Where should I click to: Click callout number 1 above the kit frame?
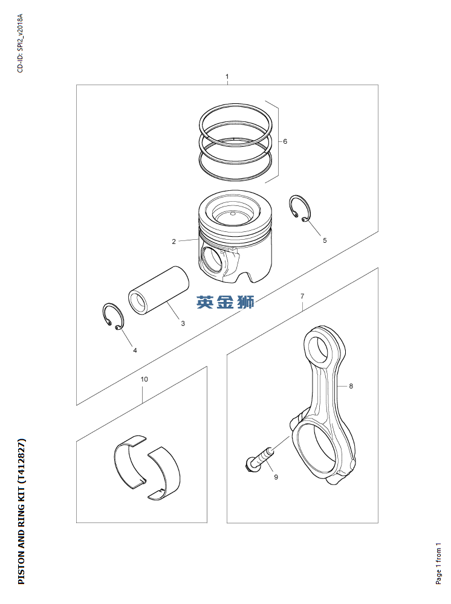click(227, 76)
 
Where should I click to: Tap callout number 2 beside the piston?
click(174, 242)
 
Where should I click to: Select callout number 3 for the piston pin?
click(183, 323)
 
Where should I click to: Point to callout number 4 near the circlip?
click(135, 350)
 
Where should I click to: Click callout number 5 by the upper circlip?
click(325, 240)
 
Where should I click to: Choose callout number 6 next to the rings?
click(285, 141)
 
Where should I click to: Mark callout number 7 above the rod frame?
click(302, 296)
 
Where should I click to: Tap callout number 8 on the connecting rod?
click(351, 385)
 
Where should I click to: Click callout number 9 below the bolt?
click(276, 477)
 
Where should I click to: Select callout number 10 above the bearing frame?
click(144, 379)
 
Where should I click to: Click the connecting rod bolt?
click(259, 458)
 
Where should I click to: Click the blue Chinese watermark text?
click(225, 302)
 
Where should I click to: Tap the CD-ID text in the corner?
click(21, 43)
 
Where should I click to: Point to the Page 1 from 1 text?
click(438, 564)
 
